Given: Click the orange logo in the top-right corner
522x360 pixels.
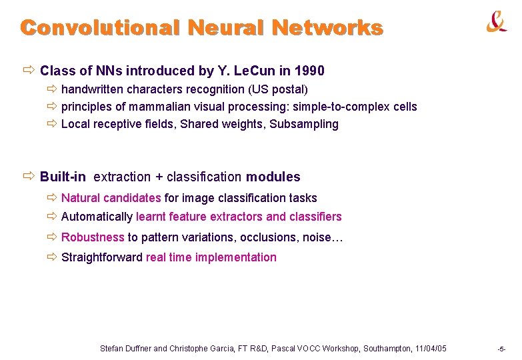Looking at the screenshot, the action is [496, 23].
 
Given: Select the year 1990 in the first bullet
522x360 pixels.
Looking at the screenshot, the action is [309, 71].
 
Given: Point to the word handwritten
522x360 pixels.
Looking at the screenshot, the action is [93, 89].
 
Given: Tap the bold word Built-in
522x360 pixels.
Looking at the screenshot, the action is [63, 177].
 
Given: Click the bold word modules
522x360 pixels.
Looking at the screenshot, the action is [273, 177].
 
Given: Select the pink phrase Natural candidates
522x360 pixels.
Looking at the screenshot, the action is [111, 198].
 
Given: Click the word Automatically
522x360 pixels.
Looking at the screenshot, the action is [97, 217].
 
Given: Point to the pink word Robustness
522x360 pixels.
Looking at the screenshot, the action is [93, 237].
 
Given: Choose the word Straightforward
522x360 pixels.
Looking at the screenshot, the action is [102, 257].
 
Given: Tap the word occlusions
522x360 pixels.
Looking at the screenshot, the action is [268, 237].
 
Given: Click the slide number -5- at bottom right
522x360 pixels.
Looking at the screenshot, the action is [501, 349].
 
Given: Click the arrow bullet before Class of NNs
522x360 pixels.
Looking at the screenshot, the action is [28, 70].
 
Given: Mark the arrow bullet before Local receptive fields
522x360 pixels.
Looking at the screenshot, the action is [52, 124].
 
